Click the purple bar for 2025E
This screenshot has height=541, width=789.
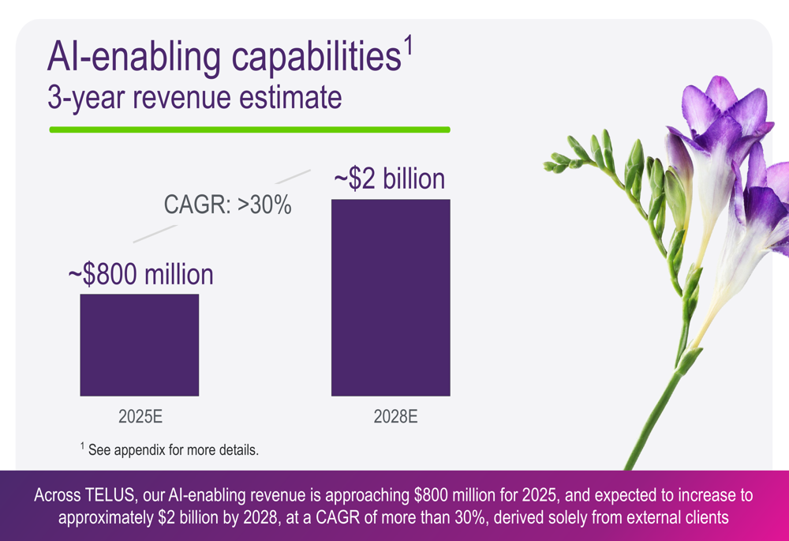pyautogui.click(x=139, y=344)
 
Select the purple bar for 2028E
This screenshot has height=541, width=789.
pyautogui.click(x=391, y=297)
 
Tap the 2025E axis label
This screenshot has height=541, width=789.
pyautogui.click(x=140, y=416)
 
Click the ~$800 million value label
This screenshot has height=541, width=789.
pyautogui.click(x=140, y=274)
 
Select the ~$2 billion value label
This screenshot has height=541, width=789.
pyautogui.click(x=390, y=178)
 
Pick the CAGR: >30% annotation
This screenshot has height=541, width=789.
pyautogui.click(x=227, y=206)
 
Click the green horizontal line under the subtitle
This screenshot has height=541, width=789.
pyautogui.click(x=249, y=130)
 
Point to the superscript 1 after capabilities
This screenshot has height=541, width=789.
pyautogui.click(x=409, y=46)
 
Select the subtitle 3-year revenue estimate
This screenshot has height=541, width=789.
pyautogui.click(x=195, y=98)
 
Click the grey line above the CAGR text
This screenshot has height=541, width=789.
pyautogui.click(x=293, y=175)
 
